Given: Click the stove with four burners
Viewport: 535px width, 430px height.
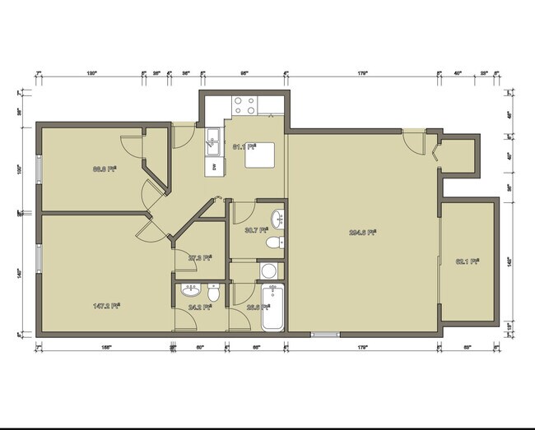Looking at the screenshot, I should [x=244, y=104].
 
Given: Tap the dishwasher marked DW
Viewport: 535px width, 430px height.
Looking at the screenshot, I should [x=214, y=166].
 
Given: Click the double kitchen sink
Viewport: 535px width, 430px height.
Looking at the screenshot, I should [x=213, y=141].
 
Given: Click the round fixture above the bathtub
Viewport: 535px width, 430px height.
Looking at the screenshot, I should [x=269, y=270].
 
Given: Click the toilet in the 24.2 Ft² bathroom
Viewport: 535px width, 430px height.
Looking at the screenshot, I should [x=213, y=293].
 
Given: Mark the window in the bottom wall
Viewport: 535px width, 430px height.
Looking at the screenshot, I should [x=324, y=334].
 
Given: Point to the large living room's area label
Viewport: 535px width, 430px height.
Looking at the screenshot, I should [x=363, y=232].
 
